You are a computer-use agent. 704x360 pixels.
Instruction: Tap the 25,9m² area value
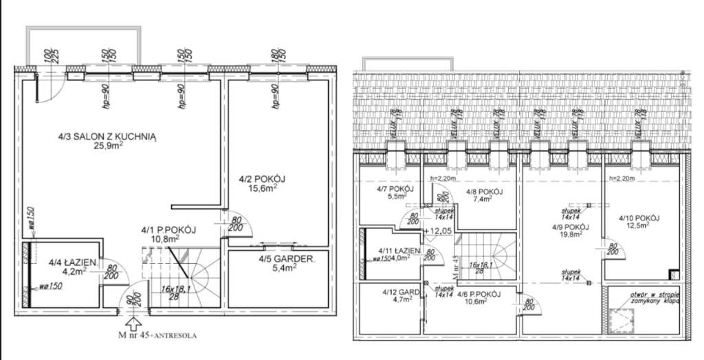[x=108, y=147]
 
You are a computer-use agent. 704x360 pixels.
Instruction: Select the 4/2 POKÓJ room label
[x=262, y=179]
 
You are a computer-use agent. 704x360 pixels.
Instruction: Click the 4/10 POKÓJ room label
[x=639, y=218]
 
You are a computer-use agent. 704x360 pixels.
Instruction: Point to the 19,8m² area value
[x=570, y=234]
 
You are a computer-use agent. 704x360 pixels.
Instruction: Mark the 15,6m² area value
[x=263, y=188]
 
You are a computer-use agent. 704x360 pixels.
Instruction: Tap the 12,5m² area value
[x=639, y=227]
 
